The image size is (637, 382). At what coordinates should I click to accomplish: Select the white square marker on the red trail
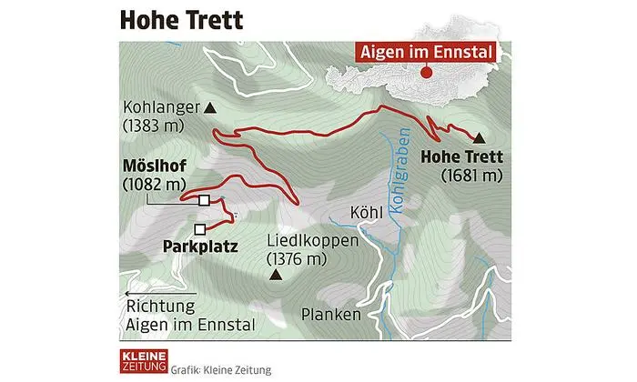[x=205, y=200]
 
